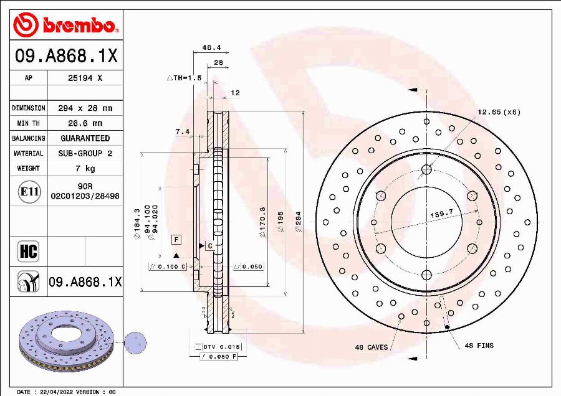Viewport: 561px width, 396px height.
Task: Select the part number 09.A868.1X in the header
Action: pyautogui.click(x=66, y=57)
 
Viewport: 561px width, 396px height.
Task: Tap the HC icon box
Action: pyautogui.click(x=28, y=252)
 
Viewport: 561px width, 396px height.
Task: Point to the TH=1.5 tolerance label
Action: pyautogui.click(x=185, y=78)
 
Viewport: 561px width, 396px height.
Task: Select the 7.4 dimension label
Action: pyautogui.click(x=182, y=131)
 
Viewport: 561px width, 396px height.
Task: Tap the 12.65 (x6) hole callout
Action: pyautogui.click(x=499, y=112)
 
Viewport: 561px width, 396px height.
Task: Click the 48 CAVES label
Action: pyautogui.click(x=371, y=347)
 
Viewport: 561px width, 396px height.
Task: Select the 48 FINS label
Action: pyautogui.click(x=479, y=346)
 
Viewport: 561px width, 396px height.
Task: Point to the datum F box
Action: pyautogui.click(x=176, y=239)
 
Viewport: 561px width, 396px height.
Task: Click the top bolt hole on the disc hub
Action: pyautogui.click(x=426, y=169)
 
